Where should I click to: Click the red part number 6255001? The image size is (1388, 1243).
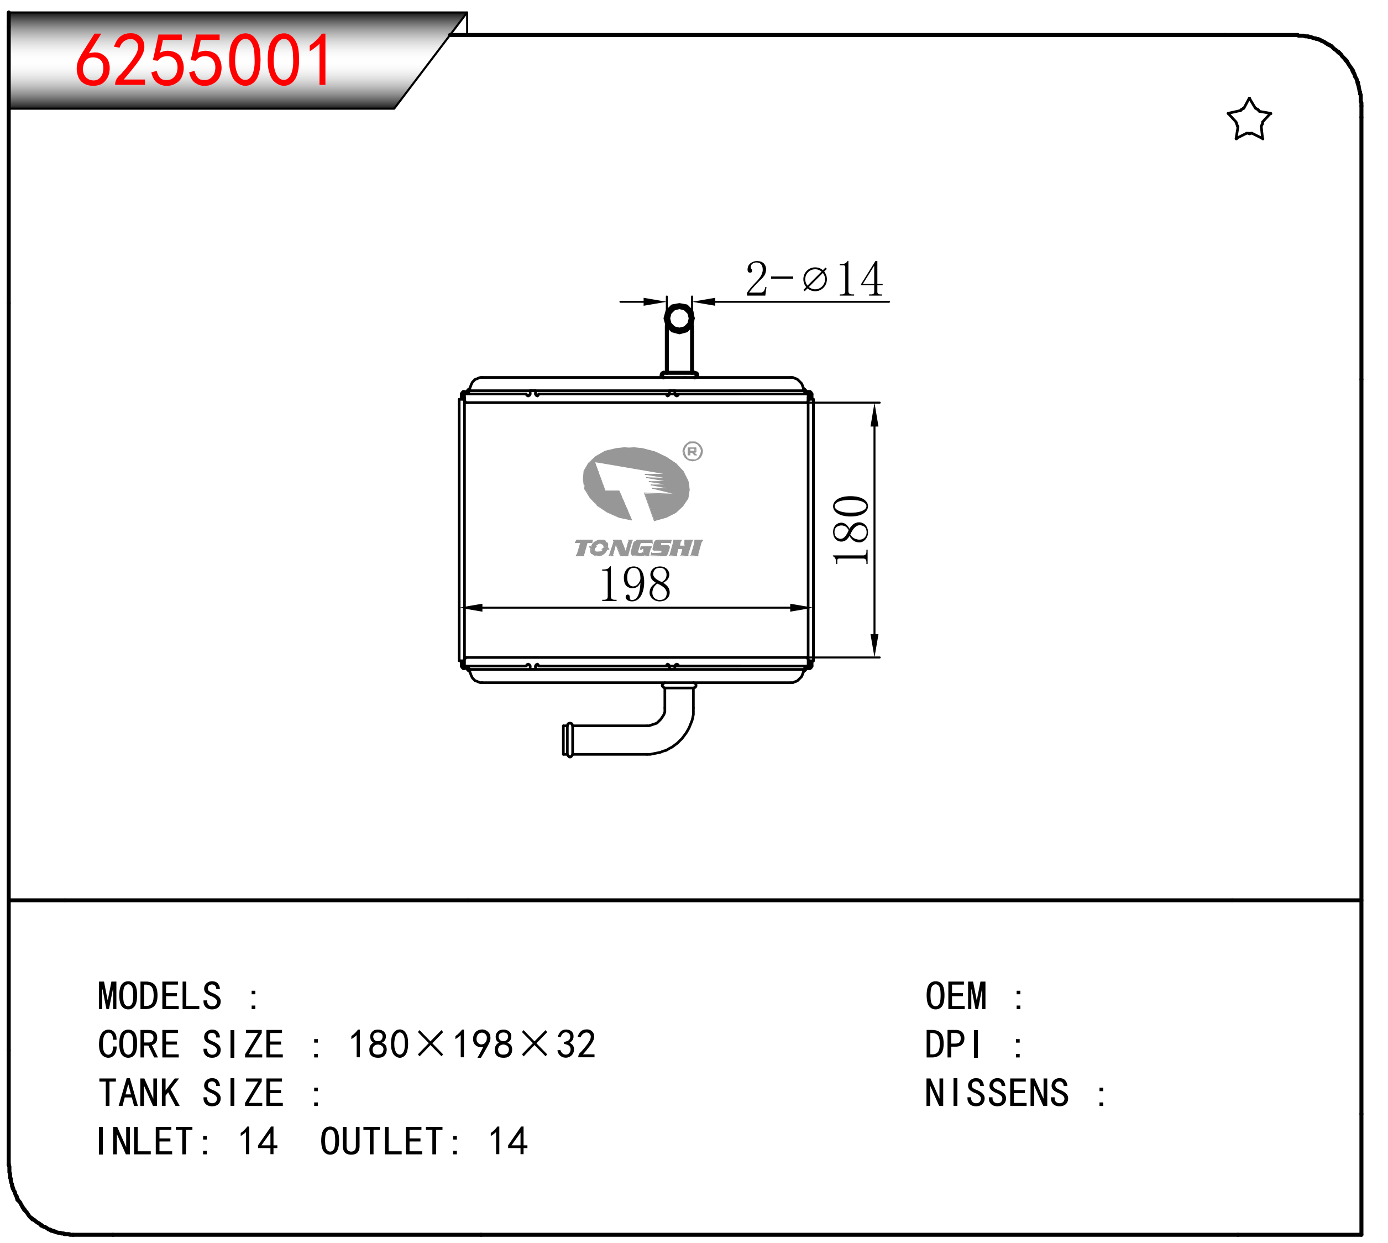click(203, 61)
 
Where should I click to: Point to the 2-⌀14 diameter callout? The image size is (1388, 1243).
click(814, 279)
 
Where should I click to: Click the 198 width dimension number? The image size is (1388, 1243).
click(635, 584)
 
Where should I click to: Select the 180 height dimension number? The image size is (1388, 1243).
click(851, 530)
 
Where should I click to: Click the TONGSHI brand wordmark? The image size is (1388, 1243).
click(638, 548)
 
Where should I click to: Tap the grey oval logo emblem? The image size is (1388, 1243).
click(636, 483)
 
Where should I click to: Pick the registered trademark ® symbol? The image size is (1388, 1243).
click(692, 451)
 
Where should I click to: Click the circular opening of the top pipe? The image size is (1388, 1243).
click(679, 318)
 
